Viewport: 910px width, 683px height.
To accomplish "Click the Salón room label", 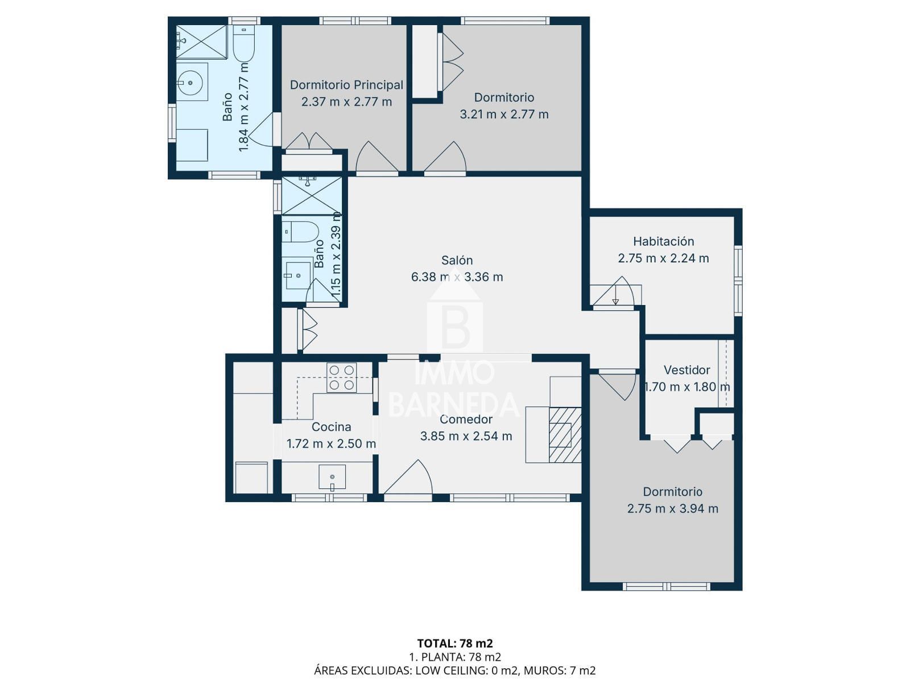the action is [457, 261].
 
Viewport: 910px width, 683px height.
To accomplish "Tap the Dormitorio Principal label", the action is [346, 85].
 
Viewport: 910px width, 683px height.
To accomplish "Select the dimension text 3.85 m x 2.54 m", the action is [466, 436].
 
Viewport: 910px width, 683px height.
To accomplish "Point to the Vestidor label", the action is [686, 369].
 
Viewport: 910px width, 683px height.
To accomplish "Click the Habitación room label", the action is [663, 241].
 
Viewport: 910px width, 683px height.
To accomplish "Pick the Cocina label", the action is [331, 427].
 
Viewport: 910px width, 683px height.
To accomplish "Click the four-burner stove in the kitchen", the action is [341, 377].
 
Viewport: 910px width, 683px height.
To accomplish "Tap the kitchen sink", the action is [332, 478].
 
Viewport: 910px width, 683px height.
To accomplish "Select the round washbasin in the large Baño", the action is [191, 82].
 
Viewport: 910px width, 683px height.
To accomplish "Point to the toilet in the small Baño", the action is [299, 232].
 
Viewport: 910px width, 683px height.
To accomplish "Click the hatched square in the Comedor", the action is [565, 435].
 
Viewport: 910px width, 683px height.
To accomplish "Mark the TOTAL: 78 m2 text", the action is [455, 643].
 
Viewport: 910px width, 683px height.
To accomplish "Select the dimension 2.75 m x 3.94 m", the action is [672, 508].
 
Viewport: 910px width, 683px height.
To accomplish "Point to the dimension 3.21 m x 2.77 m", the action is [504, 114].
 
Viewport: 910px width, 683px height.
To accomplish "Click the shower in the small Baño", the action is [312, 196].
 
